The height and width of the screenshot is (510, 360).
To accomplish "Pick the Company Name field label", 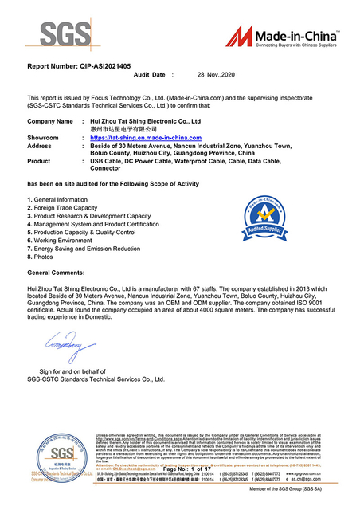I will tap(50, 120).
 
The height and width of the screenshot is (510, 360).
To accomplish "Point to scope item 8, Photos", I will tap(41, 257).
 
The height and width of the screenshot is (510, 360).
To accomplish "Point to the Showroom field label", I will tap(43, 139).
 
